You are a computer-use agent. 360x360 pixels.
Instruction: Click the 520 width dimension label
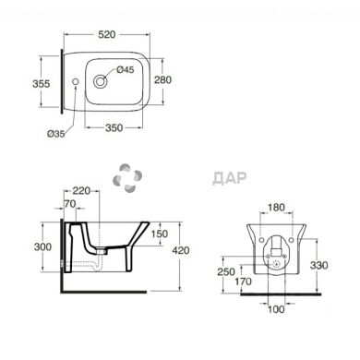click(107, 34)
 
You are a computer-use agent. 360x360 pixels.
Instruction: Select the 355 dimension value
click(41, 83)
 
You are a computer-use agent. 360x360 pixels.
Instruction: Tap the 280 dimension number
click(162, 79)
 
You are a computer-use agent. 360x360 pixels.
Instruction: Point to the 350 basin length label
click(114, 127)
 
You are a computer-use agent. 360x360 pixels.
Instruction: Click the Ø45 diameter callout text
click(126, 70)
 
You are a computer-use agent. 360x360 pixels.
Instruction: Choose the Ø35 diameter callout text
click(56, 134)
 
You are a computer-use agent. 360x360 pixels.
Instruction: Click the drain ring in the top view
click(101, 81)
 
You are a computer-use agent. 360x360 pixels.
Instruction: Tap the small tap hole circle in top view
click(76, 81)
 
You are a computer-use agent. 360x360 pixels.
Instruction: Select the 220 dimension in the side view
click(81, 191)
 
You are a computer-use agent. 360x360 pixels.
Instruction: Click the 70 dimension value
click(70, 203)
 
